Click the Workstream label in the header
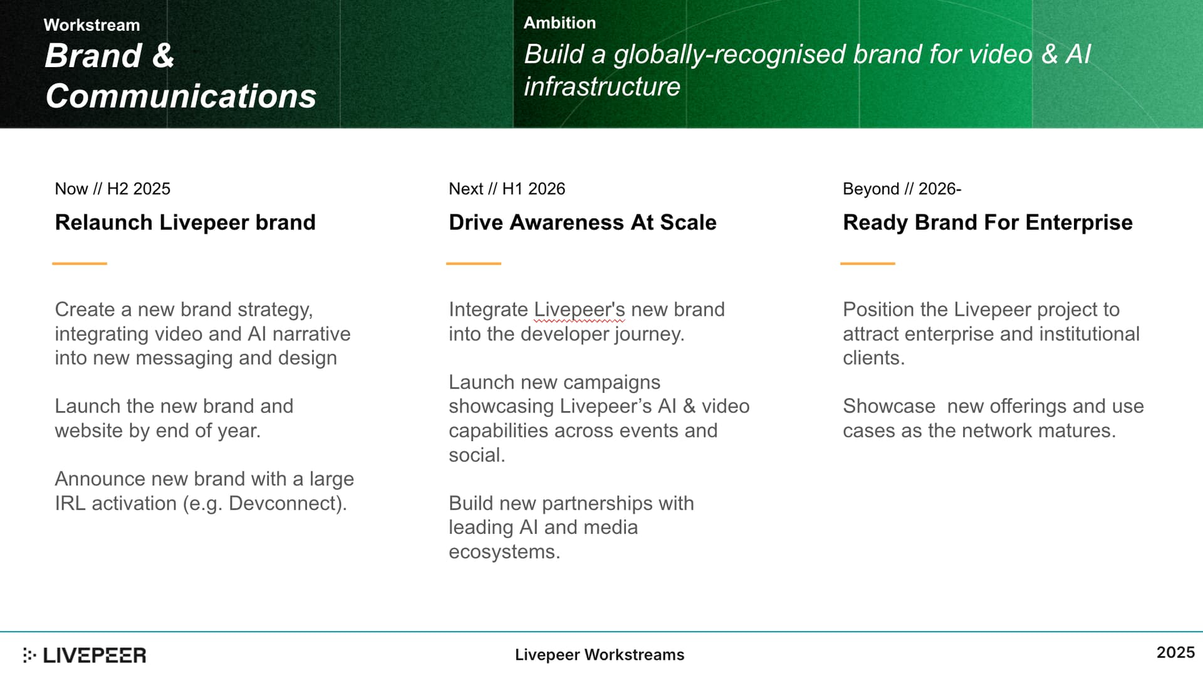(91, 25)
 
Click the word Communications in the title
(180, 96)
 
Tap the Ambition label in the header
(560, 23)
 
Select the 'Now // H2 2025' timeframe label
(113, 189)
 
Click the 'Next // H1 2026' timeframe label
(507, 189)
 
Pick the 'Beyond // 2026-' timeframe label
(902, 189)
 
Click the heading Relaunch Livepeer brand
(185, 222)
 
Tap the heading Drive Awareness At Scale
(583, 222)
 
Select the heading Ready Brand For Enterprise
(987, 222)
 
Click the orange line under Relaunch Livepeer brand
(80, 264)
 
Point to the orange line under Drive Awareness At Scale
(474, 264)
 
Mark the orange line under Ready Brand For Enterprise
(868, 264)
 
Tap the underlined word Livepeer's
(580, 310)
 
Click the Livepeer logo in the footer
(85, 656)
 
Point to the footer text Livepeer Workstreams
(600, 655)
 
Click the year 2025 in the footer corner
(1175, 653)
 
